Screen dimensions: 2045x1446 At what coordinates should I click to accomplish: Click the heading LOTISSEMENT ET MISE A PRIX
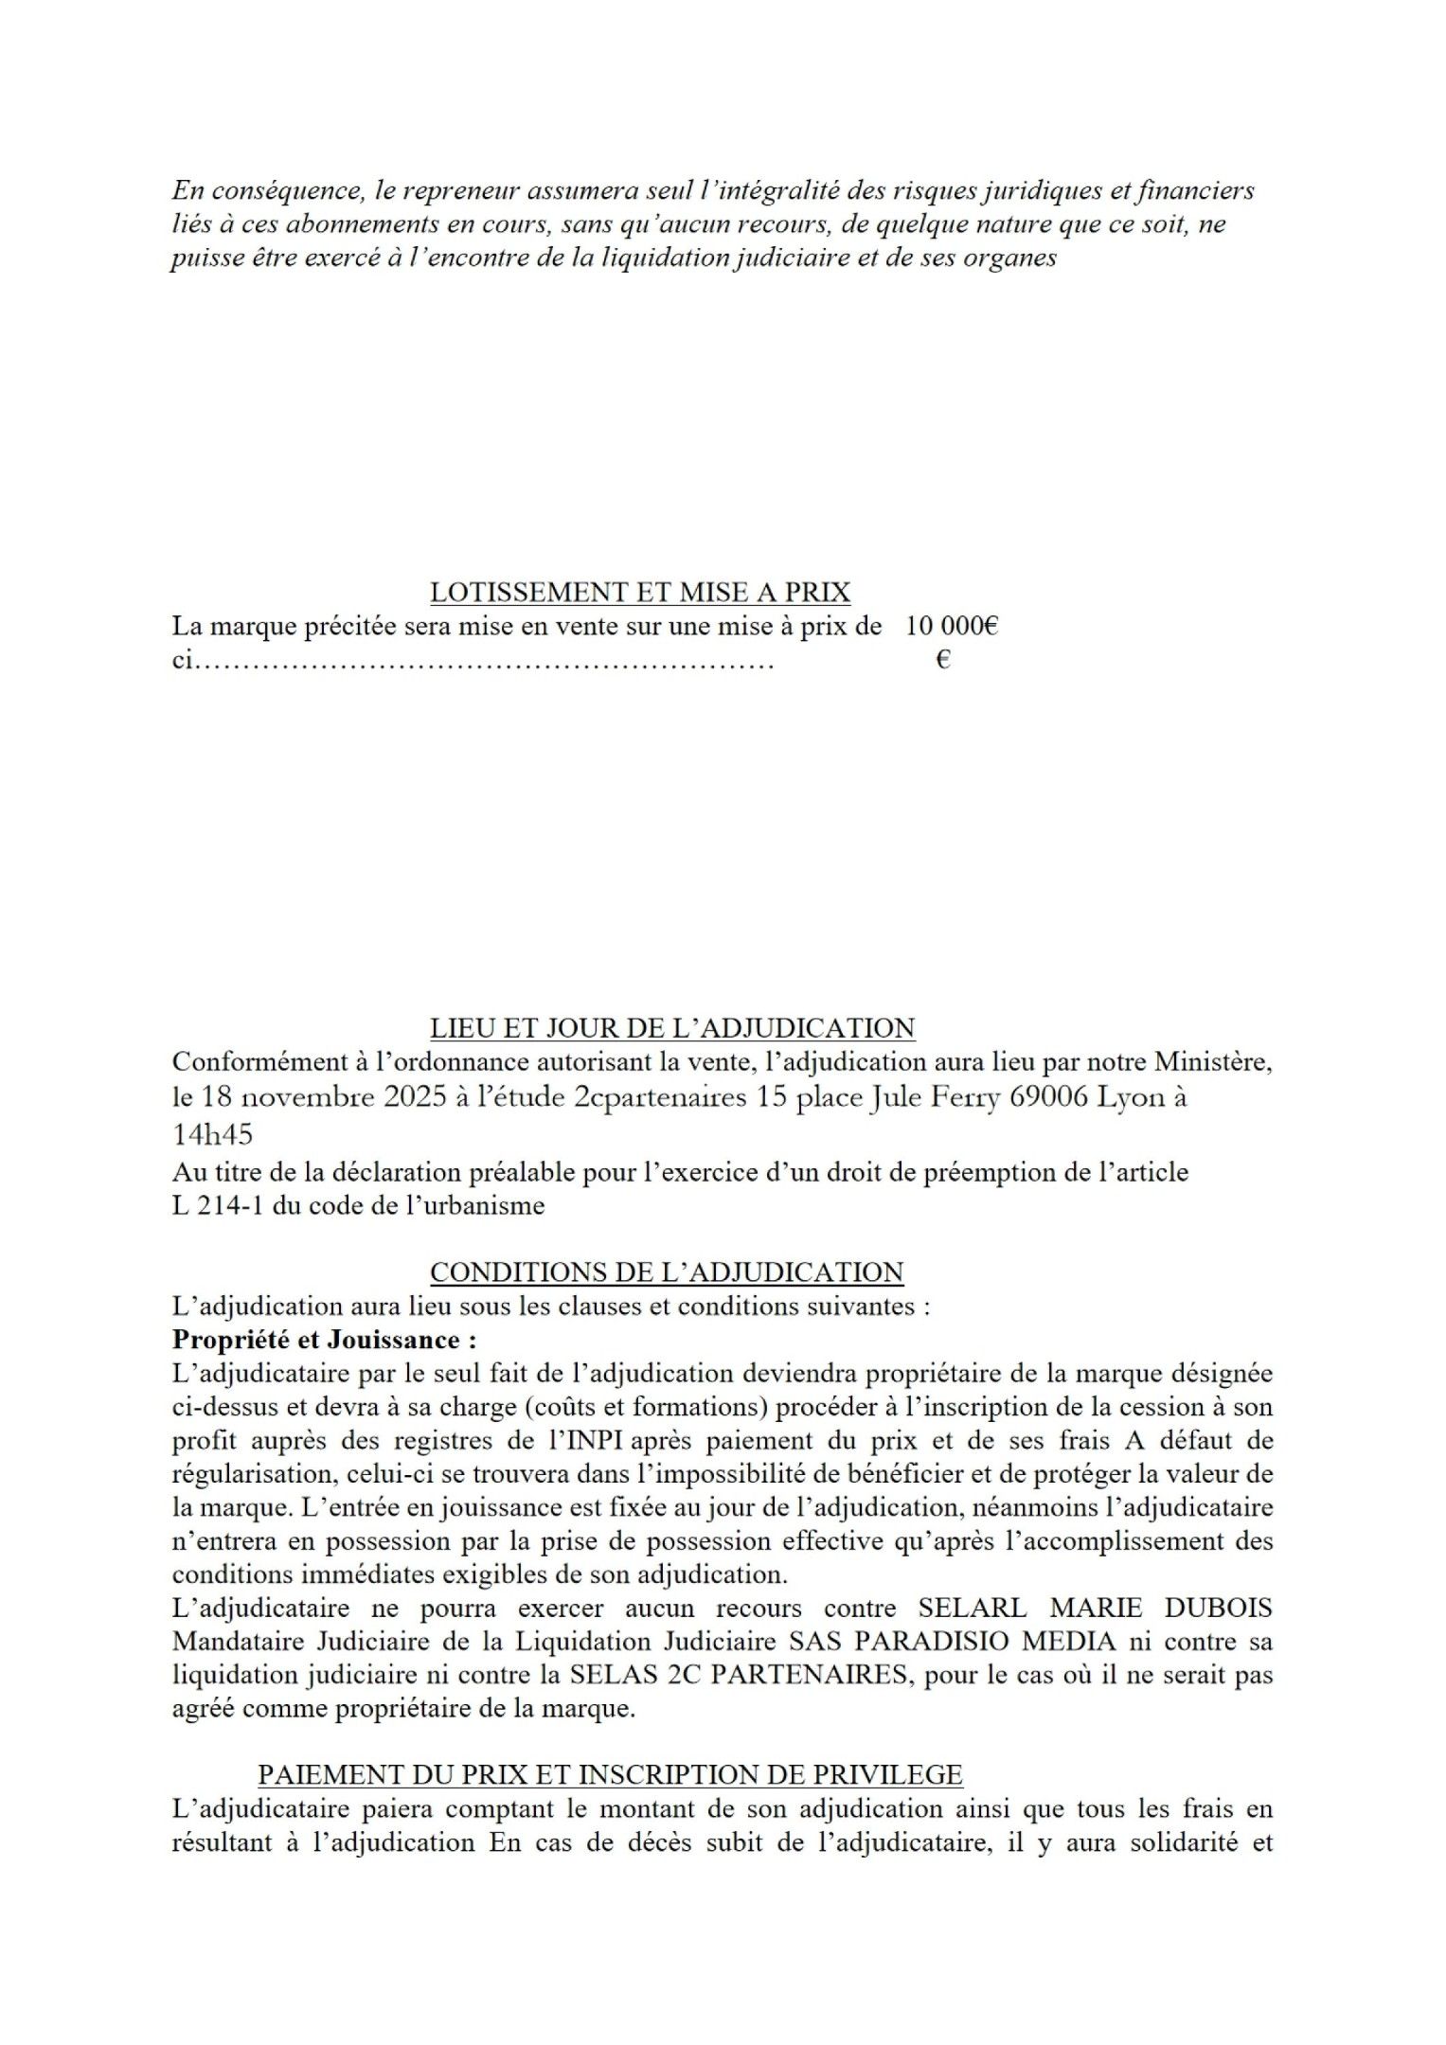click(x=640, y=593)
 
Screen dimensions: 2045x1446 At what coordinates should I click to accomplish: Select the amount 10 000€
click(x=951, y=626)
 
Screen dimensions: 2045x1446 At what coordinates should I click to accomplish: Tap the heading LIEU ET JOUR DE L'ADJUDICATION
click(x=672, y=1028)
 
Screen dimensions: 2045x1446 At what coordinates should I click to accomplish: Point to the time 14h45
click(x=212, y=1134)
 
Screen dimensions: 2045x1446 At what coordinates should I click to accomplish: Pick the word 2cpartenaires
click(x=659, y=1098)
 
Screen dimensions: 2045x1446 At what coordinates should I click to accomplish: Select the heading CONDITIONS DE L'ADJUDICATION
click(x=667, y=1272)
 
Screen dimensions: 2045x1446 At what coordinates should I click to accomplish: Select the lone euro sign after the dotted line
click(x=942, y=661)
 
